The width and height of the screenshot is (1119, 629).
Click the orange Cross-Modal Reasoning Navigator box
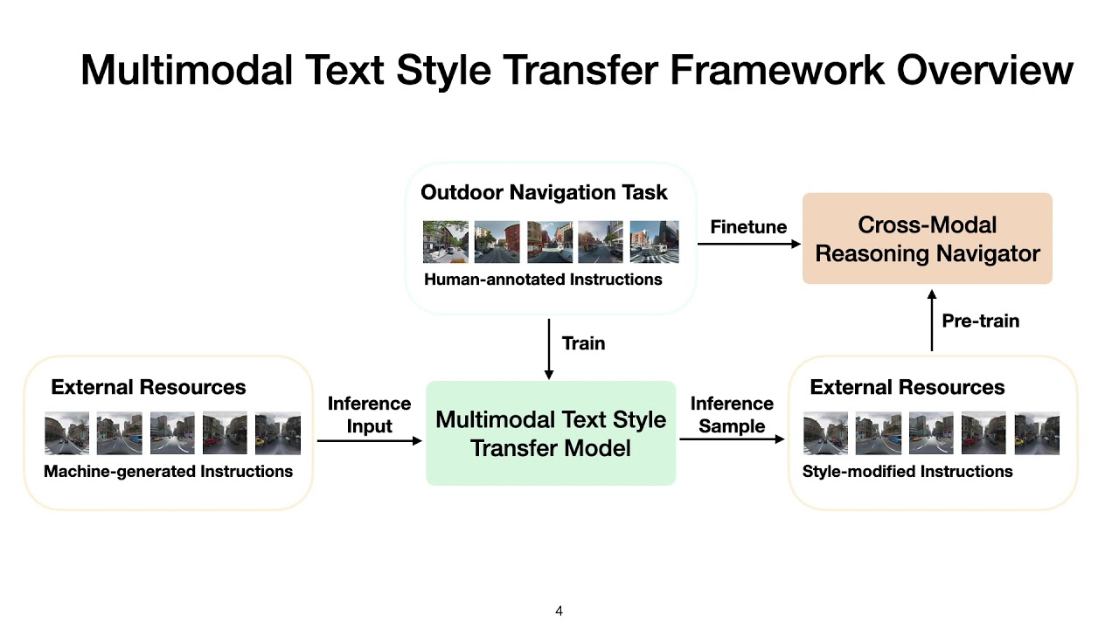pyautogui.click(x=927, y=238)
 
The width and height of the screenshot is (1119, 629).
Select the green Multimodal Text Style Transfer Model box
pyautogui.click(x=551, y=433)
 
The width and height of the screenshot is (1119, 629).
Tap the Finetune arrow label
pyautogui.click(x=748, y=227)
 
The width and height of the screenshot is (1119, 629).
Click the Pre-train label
pyautogui.click(x=980, y=321)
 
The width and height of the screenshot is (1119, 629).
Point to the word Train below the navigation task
pyautogui.click(x=583, y=343)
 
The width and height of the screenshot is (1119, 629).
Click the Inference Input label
pyautogui.click(x=369, y=415)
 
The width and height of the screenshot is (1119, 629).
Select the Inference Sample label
pyautogui.click(x=732, y=415)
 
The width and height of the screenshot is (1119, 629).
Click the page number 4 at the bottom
pyautogui.click(x=559, y=612)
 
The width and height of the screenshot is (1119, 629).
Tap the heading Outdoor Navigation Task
pyautogui.click(x=544, y=192)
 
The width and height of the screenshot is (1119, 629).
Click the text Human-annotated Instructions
pyautogui.click(x=543, y=280)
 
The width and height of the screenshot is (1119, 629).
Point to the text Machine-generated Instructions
pyautogui.click(x=168, y=472)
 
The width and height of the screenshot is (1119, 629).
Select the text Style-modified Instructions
pyautogui.click(x=907, y=472)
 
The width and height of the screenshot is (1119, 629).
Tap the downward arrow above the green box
pyautogui.click(x=549, y=349)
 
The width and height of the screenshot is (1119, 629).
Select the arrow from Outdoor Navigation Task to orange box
pyautogui.click(x=749, y=244)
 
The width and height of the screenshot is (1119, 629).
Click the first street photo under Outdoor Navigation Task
pyautogui.click(x=445, y=242)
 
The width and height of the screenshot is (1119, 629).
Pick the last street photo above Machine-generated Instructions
pyautogui.click(x=277, y=433)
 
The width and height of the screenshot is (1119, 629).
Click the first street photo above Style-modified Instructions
pyautogui.click(x=825, y=433)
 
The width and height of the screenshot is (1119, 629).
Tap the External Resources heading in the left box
pyautogui.click(x=149, y=387)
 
